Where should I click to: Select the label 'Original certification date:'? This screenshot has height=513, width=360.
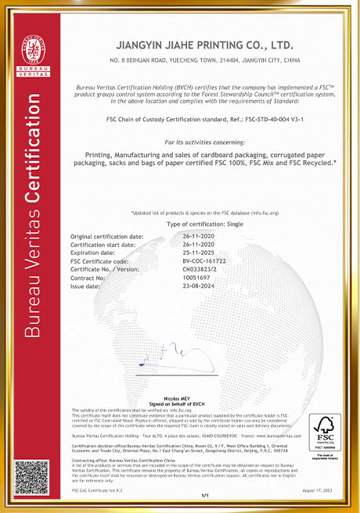107,235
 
